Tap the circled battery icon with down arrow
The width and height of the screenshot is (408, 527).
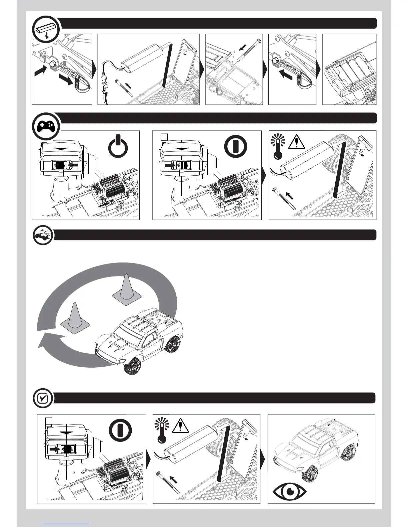47,29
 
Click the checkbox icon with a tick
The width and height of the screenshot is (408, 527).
43,398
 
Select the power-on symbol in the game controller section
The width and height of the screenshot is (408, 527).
236,147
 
